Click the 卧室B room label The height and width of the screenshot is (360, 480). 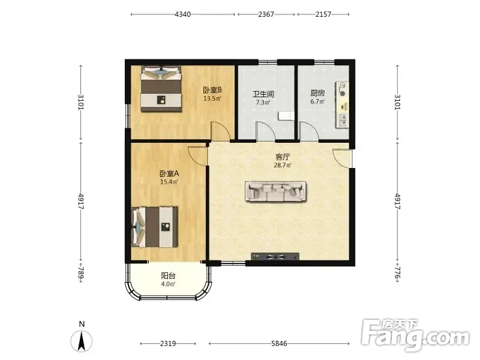212,90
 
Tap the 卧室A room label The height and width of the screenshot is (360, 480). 169,173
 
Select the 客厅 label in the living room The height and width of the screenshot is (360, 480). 283,157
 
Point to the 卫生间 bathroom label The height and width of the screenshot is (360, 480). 263,94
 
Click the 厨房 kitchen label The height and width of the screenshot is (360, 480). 317,93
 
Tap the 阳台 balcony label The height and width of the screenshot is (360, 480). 168,275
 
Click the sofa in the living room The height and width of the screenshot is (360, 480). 275,191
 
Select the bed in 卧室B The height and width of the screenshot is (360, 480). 161,89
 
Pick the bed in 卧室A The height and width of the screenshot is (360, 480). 155,227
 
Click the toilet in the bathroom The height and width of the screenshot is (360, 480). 286,116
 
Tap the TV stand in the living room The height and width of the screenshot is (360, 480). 275,257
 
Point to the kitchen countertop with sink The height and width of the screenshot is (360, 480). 342,104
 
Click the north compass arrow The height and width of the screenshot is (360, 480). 82,341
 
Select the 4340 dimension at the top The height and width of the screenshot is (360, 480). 183,14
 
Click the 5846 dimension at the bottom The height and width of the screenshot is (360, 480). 279,343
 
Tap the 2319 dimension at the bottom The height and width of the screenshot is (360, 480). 168,343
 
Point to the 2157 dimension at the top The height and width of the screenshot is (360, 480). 323,14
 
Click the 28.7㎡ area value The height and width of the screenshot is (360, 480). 283,166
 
